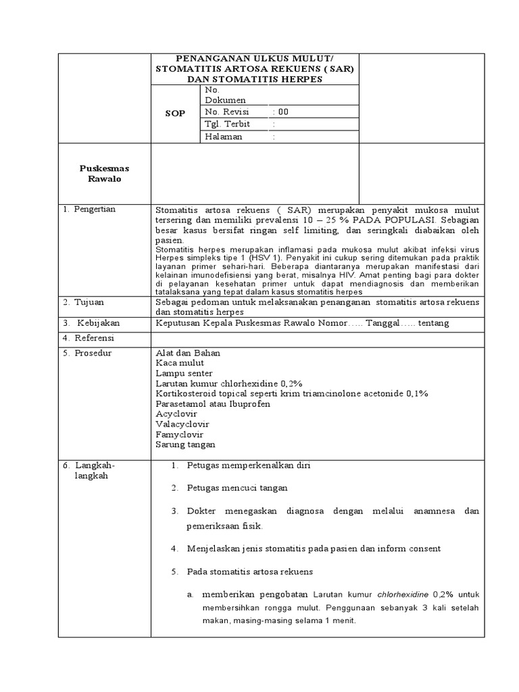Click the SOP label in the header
pos(175,114)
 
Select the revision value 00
pos(283,112)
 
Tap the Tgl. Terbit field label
pos(227,124)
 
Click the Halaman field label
pos(224,137)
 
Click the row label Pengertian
pos(93,209)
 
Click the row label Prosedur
pos(92,353)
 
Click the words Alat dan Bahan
pos(188,353)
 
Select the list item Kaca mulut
pos(179,363)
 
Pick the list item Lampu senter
pos(184,373)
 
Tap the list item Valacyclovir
pos(182,424)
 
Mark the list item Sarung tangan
pos(185,445)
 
